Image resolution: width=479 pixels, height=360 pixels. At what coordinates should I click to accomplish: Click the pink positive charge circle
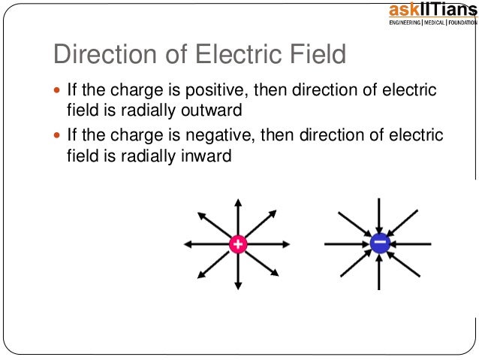click(x=237, y=244)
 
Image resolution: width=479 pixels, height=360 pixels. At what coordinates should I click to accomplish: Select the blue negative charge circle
click(x=379, y=244)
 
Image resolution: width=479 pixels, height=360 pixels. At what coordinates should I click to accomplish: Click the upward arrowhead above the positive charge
click(x=237, y=201)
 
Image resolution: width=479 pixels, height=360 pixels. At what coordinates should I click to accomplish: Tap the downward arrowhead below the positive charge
click(x=237, y=286)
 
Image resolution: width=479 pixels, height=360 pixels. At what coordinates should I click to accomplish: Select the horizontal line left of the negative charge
click(x=342, y=244)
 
